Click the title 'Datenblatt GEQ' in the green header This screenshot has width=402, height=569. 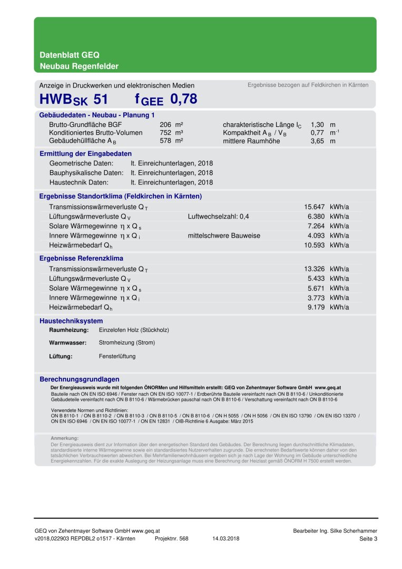click(70, 55)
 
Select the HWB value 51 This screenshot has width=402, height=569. click(101, 99)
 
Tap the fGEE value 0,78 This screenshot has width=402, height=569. click(184, 99)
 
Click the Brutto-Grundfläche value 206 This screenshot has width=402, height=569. click(165, 125)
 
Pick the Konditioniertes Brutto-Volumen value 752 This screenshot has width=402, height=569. click(165, 133)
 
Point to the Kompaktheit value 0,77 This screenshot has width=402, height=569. click(317, 133)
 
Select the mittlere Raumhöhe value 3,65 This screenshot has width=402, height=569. click(317, 141)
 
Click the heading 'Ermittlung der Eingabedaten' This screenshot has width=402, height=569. click(85, 154)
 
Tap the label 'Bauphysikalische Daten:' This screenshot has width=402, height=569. click(86, 173)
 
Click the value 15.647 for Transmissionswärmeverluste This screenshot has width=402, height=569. click(315, 207)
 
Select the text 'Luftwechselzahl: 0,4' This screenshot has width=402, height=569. click(218, 217)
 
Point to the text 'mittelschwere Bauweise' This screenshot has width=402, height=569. click(224, 236)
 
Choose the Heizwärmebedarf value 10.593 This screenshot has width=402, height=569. click(315, 245)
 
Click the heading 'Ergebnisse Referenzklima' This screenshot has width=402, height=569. click(81, 258)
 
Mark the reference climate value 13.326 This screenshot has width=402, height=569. click(315, 269)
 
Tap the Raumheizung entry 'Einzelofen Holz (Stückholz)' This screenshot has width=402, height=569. click(134, 330)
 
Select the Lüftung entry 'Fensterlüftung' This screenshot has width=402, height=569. click(117, 356)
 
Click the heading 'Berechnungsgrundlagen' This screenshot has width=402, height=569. click(80, 379)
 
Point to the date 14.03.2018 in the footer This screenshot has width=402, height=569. click(226, 538)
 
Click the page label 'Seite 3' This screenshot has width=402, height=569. click(368, 538)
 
